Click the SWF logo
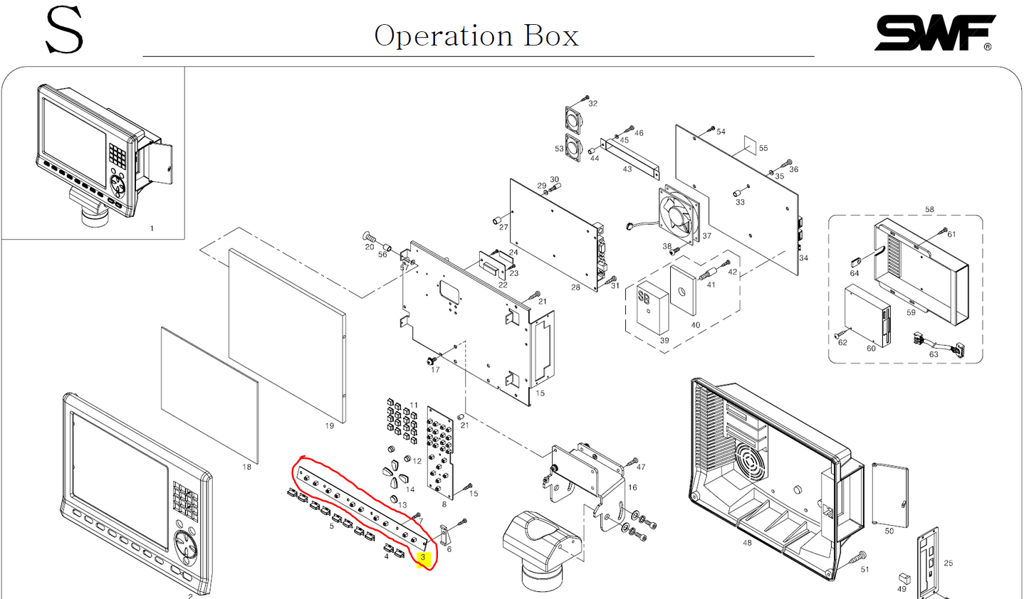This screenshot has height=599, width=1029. point(934,33)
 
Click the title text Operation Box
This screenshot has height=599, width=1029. point(476,36)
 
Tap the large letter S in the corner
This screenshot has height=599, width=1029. point(64,31)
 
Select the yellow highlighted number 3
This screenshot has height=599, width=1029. point(422,558)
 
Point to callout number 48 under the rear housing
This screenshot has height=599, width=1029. point(746,543)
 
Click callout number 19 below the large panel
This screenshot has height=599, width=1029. point(329,426)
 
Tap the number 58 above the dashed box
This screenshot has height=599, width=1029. point(929,210)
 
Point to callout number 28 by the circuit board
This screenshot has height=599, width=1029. point(575,287)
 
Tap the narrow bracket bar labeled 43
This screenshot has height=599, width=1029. point(630,157)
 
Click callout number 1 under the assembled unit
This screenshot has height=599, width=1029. point(151,228)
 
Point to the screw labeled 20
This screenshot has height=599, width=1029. point(370,237)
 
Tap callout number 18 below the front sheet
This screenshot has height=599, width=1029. point(246,467)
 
